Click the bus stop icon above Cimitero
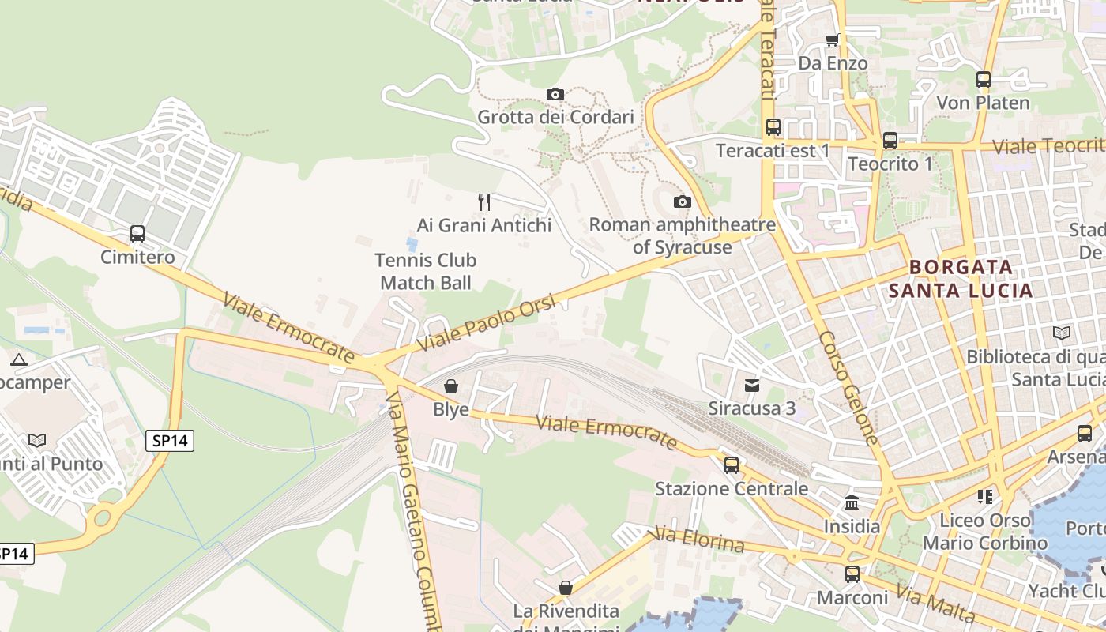[137, 234]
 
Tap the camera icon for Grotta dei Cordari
[555, 95]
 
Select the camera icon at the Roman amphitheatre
[683, 202]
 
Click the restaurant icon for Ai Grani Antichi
[484, 202]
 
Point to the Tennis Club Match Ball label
[426, 271]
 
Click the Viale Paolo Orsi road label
[487, 325]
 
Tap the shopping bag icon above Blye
[451, 386]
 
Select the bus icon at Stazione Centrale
[732, 465]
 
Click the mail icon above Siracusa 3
[751, 386]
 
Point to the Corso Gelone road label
[848, 386]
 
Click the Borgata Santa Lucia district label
[961, 279]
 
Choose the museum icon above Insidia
[852, 502]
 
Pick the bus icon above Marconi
[852, 574]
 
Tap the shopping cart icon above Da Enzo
[832, 39]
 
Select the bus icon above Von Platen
[984, 80]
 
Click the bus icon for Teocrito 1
[890, 141]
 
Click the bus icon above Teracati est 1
[773, 126]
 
